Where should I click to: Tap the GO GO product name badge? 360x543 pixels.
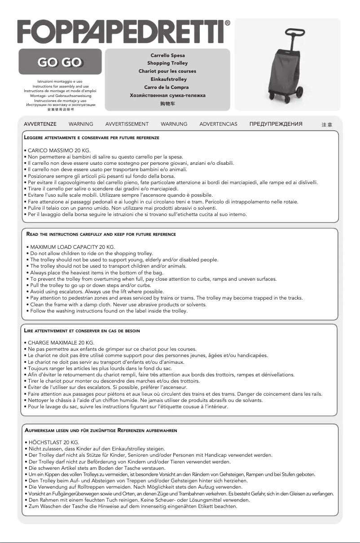(60, 62)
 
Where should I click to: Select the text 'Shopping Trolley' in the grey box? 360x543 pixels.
(167, 63)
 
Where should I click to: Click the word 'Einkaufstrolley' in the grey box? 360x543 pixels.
(167, 79)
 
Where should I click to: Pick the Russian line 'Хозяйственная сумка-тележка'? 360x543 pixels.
(167, 95)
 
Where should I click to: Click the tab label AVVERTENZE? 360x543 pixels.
(40, 124)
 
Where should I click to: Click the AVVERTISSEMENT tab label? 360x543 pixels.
(127, 124)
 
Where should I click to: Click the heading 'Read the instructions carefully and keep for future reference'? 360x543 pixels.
(101, 234)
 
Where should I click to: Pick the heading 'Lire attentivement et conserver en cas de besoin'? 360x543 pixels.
(82, 331)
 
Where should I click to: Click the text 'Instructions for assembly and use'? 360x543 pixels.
(61, 86)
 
